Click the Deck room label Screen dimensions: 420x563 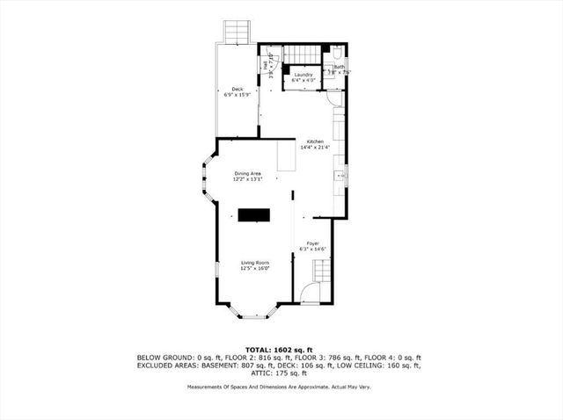237,89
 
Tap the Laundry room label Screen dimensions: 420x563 304,75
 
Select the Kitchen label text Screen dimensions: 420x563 314,141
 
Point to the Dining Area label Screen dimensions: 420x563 247,173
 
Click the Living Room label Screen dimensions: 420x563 255,263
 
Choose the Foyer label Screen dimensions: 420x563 312,243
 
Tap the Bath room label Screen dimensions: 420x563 339,66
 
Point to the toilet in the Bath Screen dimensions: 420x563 339,54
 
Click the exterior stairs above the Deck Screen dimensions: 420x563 236,32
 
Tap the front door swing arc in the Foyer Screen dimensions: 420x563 308,293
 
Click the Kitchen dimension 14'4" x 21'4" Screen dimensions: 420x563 314,148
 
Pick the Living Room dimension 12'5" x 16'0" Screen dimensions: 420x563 255,269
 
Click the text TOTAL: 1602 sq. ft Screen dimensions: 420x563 281,349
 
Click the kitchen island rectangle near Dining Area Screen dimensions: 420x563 286,158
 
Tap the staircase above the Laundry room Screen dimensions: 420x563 304,53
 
